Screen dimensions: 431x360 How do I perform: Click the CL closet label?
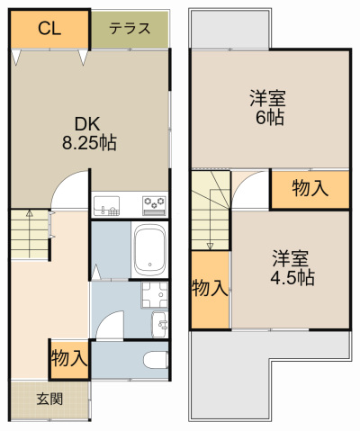click(x=49, y=28)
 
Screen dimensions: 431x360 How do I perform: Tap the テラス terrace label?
click(x=129, y=28)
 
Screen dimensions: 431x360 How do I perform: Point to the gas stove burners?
click(x=153, y=205)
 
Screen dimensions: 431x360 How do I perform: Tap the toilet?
click(x=155, y=361)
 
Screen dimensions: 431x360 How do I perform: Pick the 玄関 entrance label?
click(x=49, y=399)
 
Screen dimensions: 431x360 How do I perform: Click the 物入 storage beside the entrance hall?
click(x=68, y=358)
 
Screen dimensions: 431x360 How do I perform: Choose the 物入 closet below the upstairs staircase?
click(x=210, y=288)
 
